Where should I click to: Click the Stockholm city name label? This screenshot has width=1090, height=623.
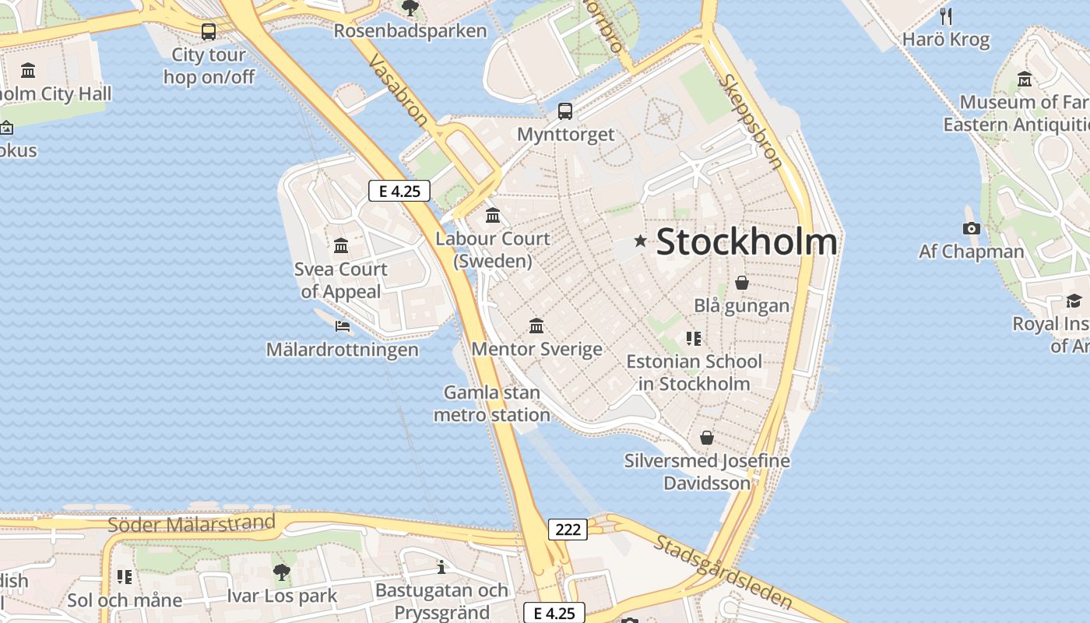[x=747, y=242]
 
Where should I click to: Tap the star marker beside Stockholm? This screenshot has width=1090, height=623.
[x=641, y=241]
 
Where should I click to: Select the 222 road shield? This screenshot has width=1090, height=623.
[x=568, y=530]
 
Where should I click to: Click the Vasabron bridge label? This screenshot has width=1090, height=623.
[x=398, y=90]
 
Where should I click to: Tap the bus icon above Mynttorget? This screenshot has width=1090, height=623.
[x=565, y=111]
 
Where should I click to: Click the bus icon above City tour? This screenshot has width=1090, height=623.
[x=209, y=32]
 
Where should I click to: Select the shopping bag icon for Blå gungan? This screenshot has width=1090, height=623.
[x=742, y=283]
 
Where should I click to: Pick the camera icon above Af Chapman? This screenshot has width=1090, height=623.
[x=971, y=228]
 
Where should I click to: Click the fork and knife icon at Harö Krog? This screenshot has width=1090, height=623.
[x=946, y=16]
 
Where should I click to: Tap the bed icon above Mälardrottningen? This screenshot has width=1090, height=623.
[x=342, y=326]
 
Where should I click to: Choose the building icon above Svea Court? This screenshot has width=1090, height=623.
[x=341, y=246]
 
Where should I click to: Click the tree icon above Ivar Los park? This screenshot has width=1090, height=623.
[x=282, y=572]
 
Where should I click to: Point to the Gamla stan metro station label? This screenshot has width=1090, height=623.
[x=492, y=403]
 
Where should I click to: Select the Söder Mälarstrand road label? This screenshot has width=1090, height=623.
[x=192, y=523]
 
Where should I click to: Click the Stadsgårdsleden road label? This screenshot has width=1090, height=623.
[x=723, y=572]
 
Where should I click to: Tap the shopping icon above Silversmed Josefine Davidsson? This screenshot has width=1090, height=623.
[x=707, y=438]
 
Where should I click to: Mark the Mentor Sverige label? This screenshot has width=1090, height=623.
[x=536, y=349]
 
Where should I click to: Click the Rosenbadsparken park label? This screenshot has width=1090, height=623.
[x=410, y=31]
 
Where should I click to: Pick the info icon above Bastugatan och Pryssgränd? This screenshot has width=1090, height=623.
[x=441, y=567]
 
